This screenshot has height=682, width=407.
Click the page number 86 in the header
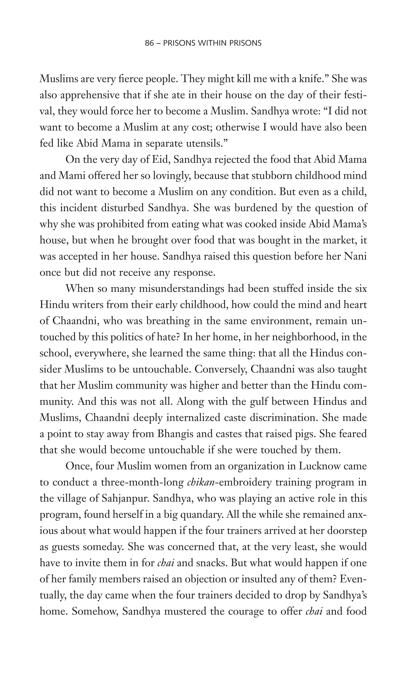click(149, 43)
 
